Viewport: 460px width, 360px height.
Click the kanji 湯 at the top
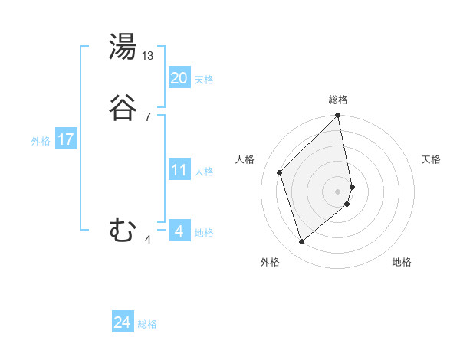point(123,47)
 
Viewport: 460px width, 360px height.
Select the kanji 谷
point(123,108)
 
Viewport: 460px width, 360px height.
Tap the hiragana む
point(123,229)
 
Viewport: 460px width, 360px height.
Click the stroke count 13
point(149,56)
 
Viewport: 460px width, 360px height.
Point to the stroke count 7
point(148,116)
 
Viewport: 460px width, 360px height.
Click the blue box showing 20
point(179,78)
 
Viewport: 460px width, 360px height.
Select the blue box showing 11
point(179,170)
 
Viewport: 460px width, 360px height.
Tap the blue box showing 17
point(65,139)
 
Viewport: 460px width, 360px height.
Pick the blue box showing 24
point(122,322)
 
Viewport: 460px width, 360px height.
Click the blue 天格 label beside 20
point(204,80)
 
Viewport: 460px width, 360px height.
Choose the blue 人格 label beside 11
point(204,172)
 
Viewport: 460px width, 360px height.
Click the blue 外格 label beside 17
point(41,141)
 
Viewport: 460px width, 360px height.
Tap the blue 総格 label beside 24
point(147,324)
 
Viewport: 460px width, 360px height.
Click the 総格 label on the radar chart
point(338,100)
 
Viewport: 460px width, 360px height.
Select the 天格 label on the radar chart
point(431,159)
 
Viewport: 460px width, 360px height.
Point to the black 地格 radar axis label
point(402,262)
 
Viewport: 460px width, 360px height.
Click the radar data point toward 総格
point(338,116)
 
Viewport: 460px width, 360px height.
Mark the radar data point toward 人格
point(280,172)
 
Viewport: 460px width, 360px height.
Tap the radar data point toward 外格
point(301,242)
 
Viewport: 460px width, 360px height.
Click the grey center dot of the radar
point(338,191)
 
